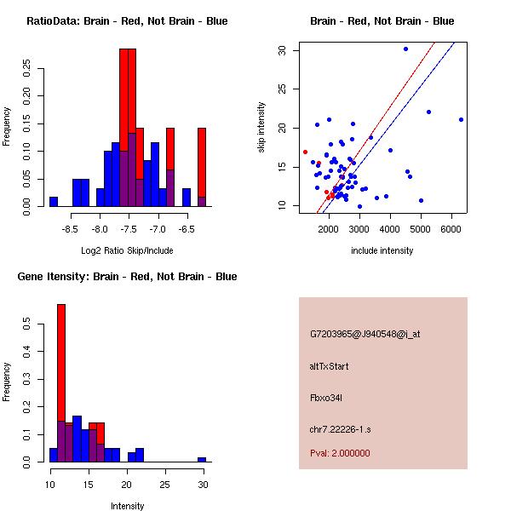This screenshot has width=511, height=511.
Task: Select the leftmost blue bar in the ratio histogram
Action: click(54, 202)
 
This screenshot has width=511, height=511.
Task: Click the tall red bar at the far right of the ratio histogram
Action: click(202, 162)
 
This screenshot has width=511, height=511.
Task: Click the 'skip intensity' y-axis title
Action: click(261, 128)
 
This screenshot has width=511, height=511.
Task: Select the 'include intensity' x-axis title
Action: click(382, 250)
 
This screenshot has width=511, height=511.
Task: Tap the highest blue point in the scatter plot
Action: click(405, 49)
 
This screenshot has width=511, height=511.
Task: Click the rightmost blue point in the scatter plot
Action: click(461, 119)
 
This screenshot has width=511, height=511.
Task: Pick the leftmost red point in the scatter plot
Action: click(305, 152)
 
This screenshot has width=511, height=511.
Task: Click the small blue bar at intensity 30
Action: click(202, 459)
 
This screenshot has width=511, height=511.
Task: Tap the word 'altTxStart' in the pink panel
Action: click(330, 366)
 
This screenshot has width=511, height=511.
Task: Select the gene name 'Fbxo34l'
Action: click(326, 397)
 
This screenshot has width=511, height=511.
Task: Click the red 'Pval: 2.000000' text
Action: click(340, 453)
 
